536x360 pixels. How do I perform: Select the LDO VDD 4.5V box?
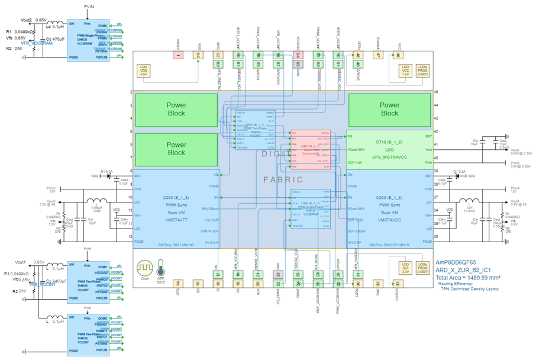point(142,70)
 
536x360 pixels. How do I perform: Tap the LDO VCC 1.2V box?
point(405,70)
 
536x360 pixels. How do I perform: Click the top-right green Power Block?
point(389,110)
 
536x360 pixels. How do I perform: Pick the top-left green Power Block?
point(176,110)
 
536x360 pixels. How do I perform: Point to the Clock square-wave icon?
point(145,267)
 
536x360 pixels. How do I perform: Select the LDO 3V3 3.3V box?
point(405,267)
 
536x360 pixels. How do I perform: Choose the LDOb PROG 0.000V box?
point(422,267)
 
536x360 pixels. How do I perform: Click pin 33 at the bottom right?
point(398,284)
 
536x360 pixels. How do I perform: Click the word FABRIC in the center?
point(283,179)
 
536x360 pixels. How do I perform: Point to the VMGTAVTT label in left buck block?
point(176,219)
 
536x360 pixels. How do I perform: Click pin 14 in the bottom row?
point(177,284)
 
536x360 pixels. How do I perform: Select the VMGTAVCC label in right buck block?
point(389,219)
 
